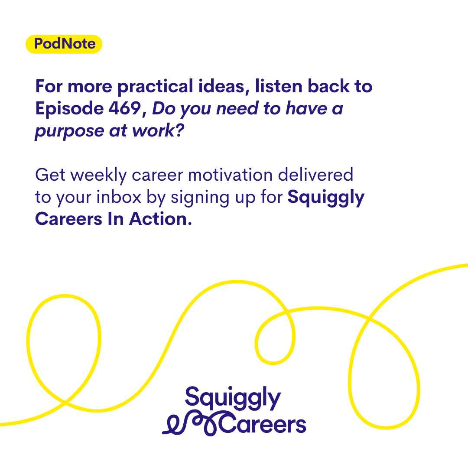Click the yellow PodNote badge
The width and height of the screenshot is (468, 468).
(x=64, y=44)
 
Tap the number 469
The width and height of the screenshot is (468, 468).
(x=125, y=108)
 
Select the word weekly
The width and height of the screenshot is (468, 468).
(x=99, y=175)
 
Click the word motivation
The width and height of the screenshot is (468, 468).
(x=230, y=175)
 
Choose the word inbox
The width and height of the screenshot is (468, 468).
(x=118, y=197)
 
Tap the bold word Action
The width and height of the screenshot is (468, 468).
(x=160, y=219)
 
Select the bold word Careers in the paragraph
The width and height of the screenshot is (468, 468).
(x=68, y=219)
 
